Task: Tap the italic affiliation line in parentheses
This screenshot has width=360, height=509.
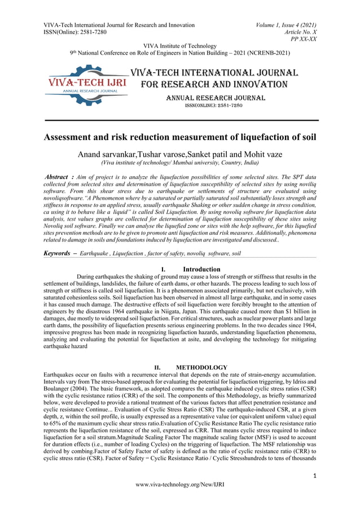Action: [179, 163]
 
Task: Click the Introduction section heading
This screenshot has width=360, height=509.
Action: [201, 269]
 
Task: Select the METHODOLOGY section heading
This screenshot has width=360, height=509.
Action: [201, 367]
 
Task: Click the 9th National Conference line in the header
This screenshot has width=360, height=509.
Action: [179, 54]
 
